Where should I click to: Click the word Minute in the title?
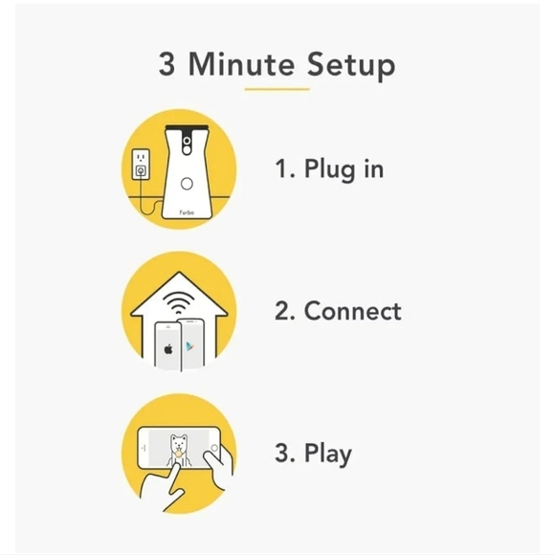pyautogui.click(x=241, y=64)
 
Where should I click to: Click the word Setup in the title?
pyautogui.click(x=351, y=65)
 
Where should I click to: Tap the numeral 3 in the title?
pyautogui.click(x=166, y=64)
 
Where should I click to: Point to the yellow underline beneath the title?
pyautogui.click(x=277, y=89)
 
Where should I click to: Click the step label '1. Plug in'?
pyautogui.click(x=329, y=169)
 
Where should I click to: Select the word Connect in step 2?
pyautogui.click(x=352, y=311)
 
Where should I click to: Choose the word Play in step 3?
pyautogui.click(x=328, y=454)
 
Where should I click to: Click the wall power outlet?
pyautogui.click(x=141, y=164)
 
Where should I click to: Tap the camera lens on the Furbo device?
pyautogui.click(x=187, y=142)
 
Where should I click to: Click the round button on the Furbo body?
pyautogui.click(x=187, y=184)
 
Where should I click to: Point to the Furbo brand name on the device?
pyautogui.click(x=187, y=212)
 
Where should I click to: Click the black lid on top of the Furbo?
pyautogui.click(x=188, y=127)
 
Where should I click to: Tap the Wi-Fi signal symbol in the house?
pyautogui.click(x=179, y=303)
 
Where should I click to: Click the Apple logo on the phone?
pyautogui.click(x=168, y=349)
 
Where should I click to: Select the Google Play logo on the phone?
pyautogui.click(x=189, y=346)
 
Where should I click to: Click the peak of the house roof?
pyautogui.click(x=179, y=272)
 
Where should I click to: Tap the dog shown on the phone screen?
pyautogui.click(x=179, y=450)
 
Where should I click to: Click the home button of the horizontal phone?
pyautogui.click(x=214, y=448)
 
